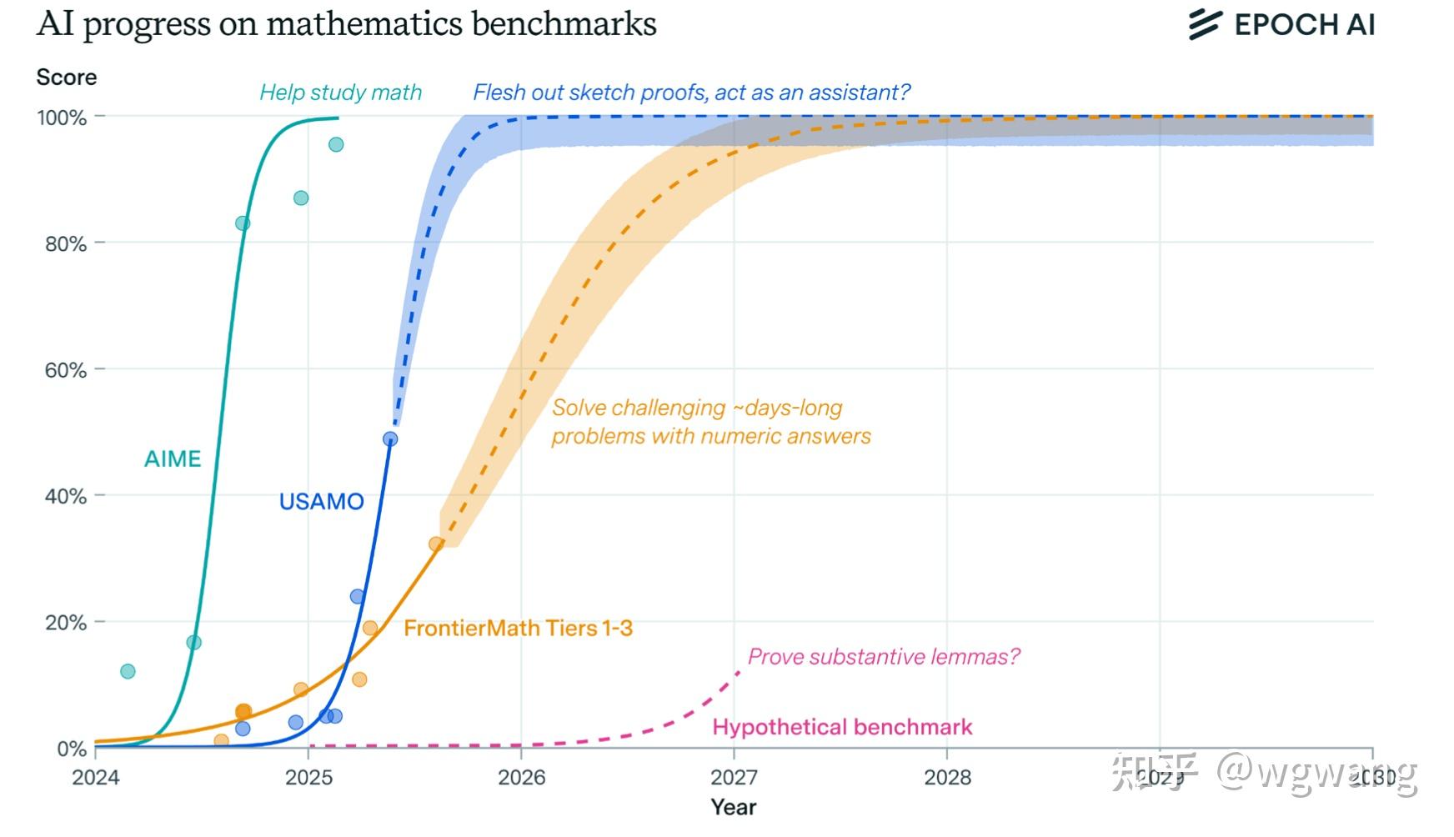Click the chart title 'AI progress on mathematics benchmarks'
point(346,23)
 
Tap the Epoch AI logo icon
point(1205,24)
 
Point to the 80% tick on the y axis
point(66,244)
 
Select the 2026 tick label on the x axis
point(521,778)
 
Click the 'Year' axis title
point(733,807)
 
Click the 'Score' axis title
point(67,78)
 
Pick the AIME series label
point(173,459)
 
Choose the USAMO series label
point(321,502)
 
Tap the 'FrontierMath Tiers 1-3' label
point(518,629)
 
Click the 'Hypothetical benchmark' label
point(842,728)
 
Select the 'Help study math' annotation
point(340,93)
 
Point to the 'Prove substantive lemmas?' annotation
point(883,657)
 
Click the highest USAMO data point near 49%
point(390,439)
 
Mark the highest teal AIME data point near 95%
point(336,145)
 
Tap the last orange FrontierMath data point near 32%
point(436,544)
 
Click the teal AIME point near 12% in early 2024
point(128,671)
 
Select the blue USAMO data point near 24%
point(358,597)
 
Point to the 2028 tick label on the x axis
point(947,778)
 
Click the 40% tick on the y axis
point(66,497)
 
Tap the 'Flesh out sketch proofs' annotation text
point(691,93)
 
